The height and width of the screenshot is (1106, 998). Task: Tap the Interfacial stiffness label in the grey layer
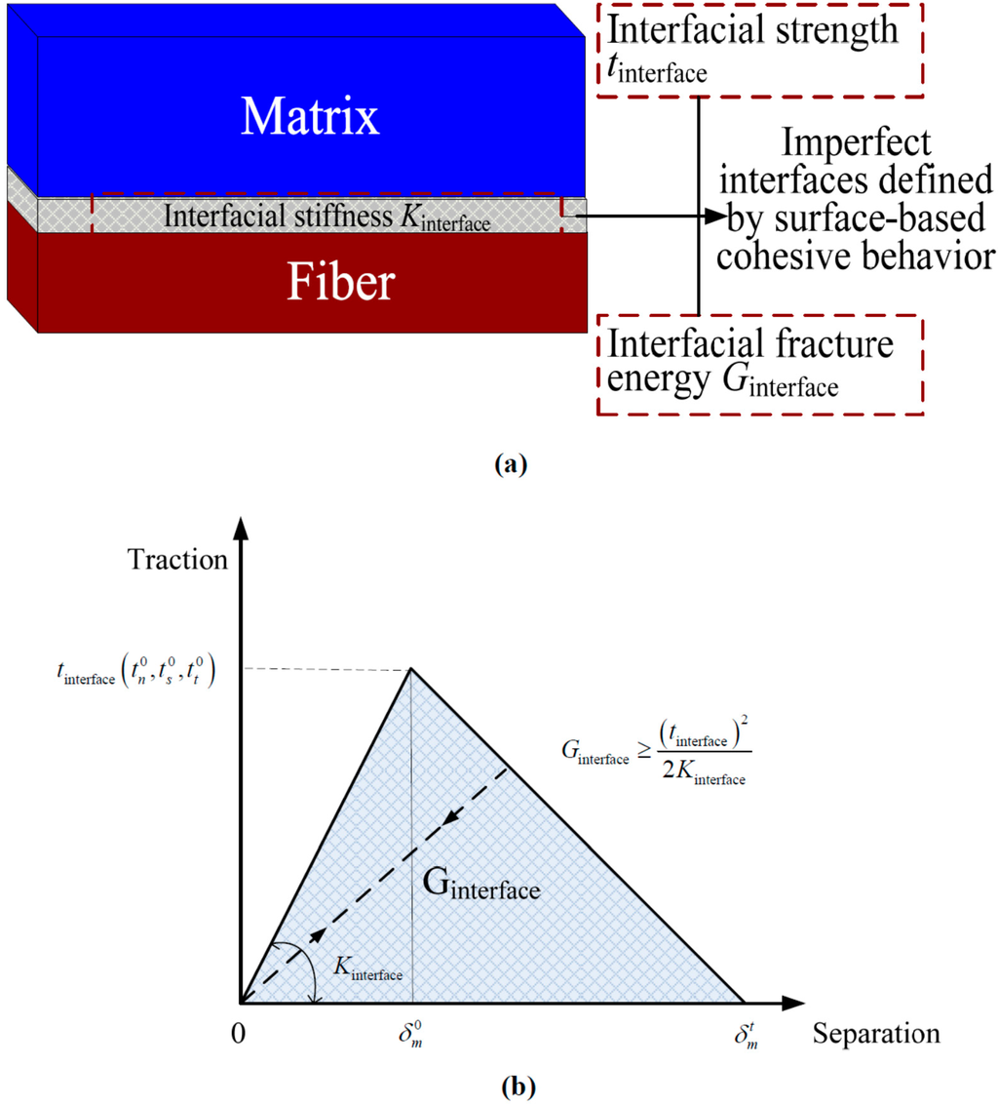point(326,217)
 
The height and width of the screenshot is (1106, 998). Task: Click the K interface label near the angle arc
point(367,968)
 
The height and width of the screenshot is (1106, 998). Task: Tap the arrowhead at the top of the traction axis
point(240,526)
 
